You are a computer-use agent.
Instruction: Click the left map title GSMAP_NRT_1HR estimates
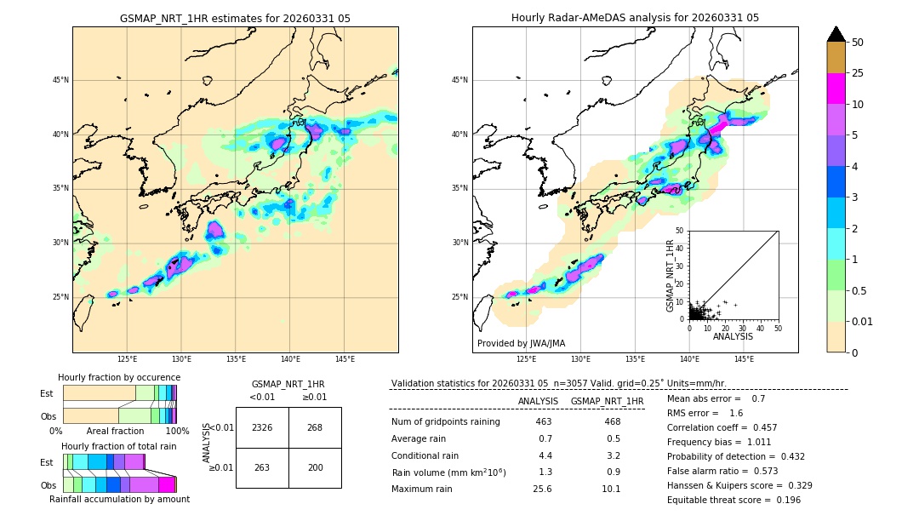coord(235,18)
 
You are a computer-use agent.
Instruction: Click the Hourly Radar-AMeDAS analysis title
coord(635,18)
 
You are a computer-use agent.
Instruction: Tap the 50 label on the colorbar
coord(858,43)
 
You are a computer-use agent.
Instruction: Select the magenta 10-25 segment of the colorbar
coord(836,89)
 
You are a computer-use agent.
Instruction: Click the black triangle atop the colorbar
coord(836,34)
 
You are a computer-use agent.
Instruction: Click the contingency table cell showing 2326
coord(262,427)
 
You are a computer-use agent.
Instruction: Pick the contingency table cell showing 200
coord(315,467)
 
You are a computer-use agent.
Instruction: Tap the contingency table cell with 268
coord(315,427)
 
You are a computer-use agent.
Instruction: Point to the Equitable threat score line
coord(733,500)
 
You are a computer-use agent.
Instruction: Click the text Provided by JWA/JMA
coord(521,343)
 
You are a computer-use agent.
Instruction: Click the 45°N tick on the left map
coord(60,80)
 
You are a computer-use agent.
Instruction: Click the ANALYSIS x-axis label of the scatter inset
coord(733,336)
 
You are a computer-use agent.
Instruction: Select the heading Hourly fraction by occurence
coord(119,377)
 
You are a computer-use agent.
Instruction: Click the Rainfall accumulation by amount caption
coord(119,499)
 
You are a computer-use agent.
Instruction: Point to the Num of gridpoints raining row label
coord(446,422)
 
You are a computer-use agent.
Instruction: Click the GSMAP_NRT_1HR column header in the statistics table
coord(607,401)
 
